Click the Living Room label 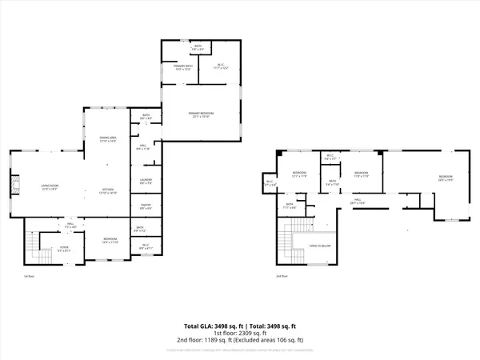(x=50, y=186)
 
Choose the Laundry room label (x=146, y=181)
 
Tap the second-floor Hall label (x=358, y=201)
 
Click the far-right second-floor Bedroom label (x=445, y=178)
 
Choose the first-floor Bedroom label (x=110, y=240)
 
